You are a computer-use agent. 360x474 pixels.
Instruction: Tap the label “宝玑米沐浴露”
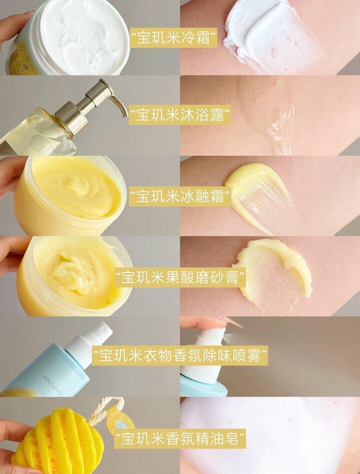[180, 115]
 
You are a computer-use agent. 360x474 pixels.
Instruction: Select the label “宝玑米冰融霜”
[180, 196]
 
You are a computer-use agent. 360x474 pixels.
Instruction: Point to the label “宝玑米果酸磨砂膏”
[180, 277]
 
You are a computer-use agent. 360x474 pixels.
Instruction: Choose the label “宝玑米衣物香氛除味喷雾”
[180, 355]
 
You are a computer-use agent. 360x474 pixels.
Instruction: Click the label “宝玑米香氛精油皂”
[180, 438]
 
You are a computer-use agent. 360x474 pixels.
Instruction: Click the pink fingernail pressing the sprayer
[230, 322]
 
